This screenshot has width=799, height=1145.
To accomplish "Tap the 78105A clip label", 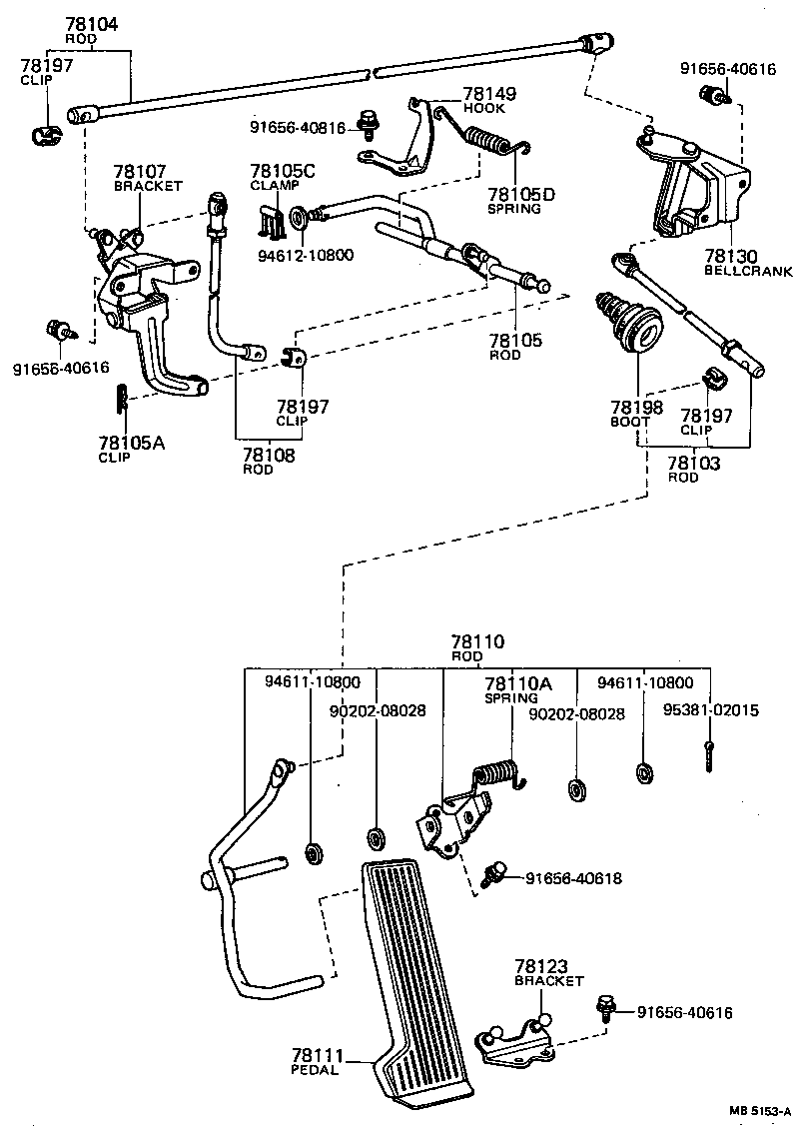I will (x=131, y=449).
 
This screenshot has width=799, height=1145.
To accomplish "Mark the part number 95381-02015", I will (x=710, y=710).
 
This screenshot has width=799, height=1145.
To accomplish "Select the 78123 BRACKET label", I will (x=548, y=972).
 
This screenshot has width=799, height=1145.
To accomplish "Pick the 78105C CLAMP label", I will (x=282, y=177).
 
